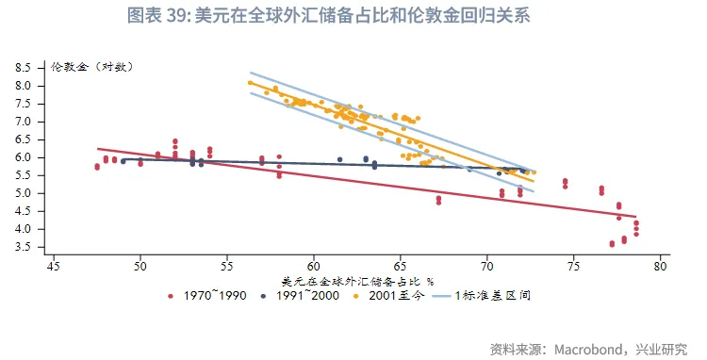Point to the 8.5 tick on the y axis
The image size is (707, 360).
click(x=24, y=68)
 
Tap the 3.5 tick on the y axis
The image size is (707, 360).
click(x=24, y=247)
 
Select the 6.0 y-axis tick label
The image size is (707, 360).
click(x=24, y=157)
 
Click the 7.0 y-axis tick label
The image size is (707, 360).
click(x=24, y=122)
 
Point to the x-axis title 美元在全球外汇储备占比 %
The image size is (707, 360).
click(x=357, y=281)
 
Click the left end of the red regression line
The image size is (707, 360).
click(x=98, y=149)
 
